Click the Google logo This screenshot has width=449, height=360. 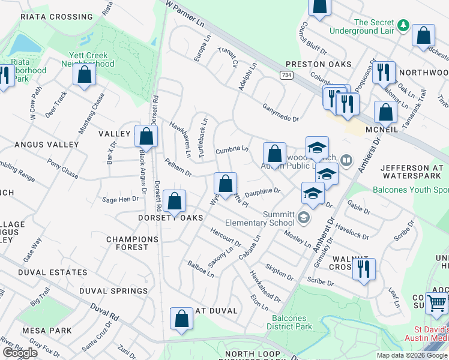[20, 353]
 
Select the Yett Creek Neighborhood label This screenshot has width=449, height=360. [87, 59]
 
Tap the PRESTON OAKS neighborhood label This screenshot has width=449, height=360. [318, 64]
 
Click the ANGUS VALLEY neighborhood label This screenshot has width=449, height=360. [46, 145]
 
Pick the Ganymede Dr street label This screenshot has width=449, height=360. [280, 112]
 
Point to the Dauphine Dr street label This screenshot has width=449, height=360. [262, 192]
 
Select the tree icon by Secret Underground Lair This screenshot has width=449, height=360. [404, 25]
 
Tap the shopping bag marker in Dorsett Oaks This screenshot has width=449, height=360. [175, 201]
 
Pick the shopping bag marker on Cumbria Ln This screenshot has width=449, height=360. [274, 153]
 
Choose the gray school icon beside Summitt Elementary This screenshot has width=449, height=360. [304, 217]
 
